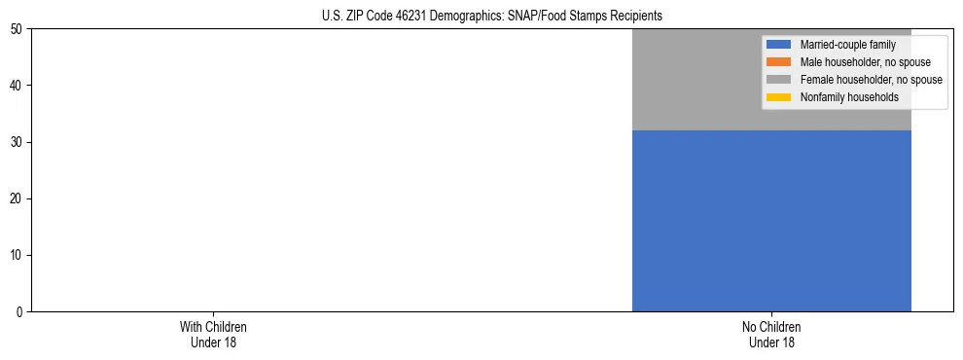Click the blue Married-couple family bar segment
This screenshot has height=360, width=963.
coord(771,220)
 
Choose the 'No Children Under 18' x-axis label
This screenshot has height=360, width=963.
coord(771,335)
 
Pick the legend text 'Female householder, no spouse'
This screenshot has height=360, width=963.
coord(871,80)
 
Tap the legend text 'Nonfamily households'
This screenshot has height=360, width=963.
coord(849,97)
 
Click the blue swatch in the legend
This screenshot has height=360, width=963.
coord(778,45)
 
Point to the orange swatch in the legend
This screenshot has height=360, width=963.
coord(778,62)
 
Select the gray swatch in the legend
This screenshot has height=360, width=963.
coord(778,80)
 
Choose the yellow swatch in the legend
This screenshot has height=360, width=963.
coord(778,97)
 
